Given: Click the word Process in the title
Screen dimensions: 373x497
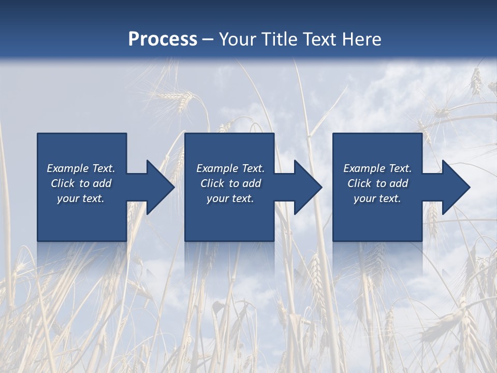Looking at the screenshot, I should pos(163,39).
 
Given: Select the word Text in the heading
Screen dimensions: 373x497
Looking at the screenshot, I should pos(319,39).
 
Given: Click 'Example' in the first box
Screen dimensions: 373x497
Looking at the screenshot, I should pos(67,168).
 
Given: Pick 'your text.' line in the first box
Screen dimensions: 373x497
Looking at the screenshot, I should pos(81,198).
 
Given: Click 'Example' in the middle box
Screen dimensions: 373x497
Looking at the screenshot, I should pos(217,168).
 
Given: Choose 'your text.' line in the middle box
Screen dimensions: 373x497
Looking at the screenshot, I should pos(230,198).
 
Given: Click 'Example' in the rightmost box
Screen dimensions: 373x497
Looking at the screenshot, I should pos(364,168).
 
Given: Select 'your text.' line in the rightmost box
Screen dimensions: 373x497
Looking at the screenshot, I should pos(377,198).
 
